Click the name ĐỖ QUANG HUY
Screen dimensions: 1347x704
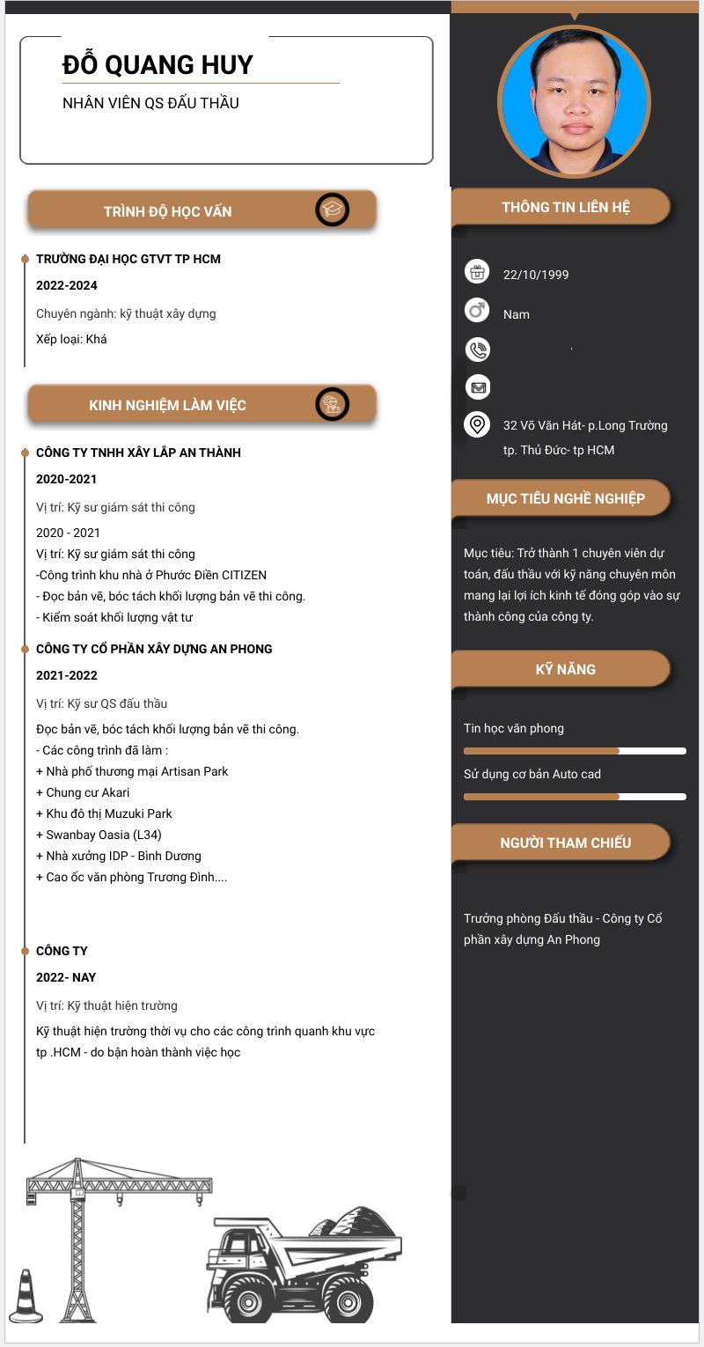[x=158, y=64]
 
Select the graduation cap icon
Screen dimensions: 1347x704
[x=333, y=210]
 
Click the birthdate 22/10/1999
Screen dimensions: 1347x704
[x=536, y=275]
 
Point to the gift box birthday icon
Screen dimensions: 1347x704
[x=477, y=272]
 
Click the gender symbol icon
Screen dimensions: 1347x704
[x=477, y=310]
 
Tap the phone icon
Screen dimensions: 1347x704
[x=477, y=350]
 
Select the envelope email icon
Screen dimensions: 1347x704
[x=477, y=386]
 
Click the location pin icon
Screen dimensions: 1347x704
[x=477, y=425]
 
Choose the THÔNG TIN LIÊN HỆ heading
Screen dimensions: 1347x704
[x=565, y=208]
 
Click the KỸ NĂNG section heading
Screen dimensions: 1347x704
[x=565, y=669]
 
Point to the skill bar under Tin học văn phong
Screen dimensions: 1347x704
[x=575, y=751]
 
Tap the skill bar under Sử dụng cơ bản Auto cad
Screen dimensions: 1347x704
[x=575, y=797]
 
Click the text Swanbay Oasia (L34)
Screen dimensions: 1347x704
[x=99, y=835]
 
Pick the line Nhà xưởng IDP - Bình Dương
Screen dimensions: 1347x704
[x=119, y=856]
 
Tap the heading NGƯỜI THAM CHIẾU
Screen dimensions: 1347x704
[x=565, y=843]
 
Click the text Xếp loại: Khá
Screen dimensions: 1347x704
[x=71, y=339]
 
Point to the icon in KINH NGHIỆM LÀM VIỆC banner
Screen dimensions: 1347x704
[x=333, y=404]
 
